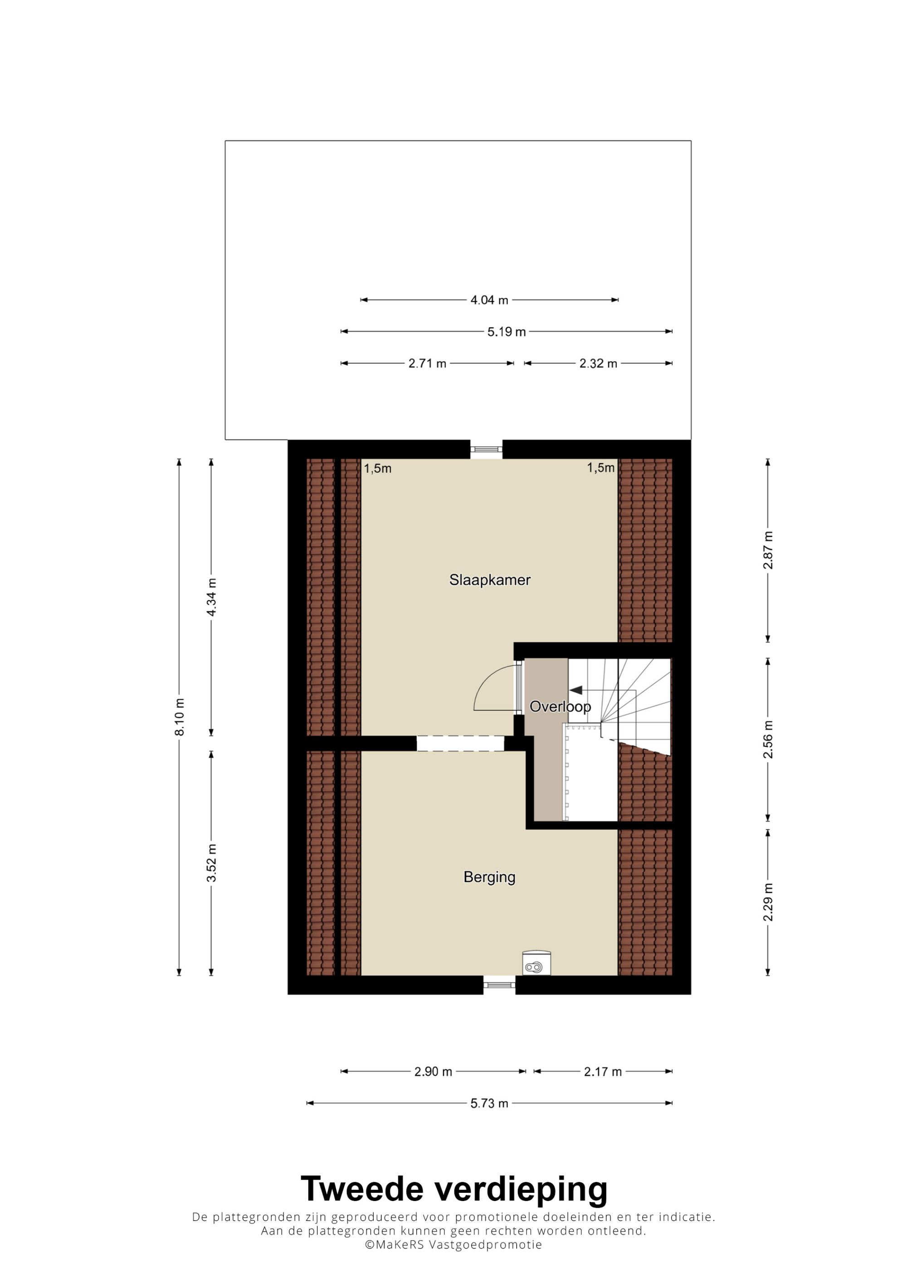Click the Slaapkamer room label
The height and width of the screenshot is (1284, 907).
pos(489,580)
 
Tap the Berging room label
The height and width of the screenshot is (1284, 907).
pos(489,877)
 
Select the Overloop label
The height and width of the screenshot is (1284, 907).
pos(560,707)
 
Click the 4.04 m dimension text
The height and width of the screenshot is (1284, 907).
pos(489,300)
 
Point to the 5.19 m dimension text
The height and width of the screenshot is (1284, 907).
pos(506,332)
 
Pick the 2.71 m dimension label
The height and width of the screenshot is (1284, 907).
pos(428,363)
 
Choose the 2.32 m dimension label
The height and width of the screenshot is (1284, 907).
pos(599,363)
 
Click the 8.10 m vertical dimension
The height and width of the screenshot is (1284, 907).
pos(180,717)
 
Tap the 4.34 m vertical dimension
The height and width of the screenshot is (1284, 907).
pos(211,597)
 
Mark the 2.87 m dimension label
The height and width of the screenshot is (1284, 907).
pos(768,550)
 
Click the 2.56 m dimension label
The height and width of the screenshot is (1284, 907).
pos(768,739)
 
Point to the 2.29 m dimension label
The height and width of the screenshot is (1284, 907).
pos(768,902)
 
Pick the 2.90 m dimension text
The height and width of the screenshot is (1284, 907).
pos(433,1072)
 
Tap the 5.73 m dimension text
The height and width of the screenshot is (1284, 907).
pos(489,1103)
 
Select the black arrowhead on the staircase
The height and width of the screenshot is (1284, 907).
pos(575,690)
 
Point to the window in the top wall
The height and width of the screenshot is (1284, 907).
pos(486,449)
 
